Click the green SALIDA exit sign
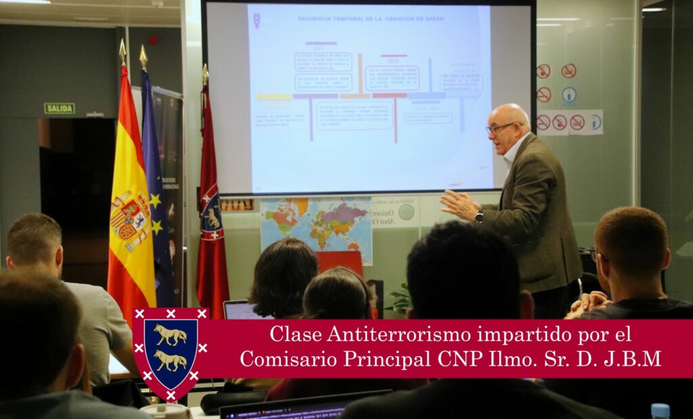click(x=60, y=108)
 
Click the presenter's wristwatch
click(x=479, y=217)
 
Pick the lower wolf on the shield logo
click(x=170, y=360)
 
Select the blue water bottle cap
click(x=660, y=409)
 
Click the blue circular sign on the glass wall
click(x=568, y=94)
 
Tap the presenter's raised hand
click(x=457, y=204)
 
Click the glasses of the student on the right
click(x=596, y=255)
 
